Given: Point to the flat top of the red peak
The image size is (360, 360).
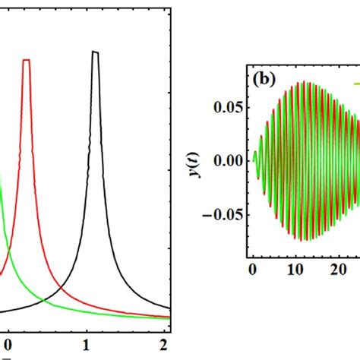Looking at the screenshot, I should tap(27, 60).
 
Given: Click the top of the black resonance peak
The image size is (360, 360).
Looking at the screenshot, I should tap(95, 52).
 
